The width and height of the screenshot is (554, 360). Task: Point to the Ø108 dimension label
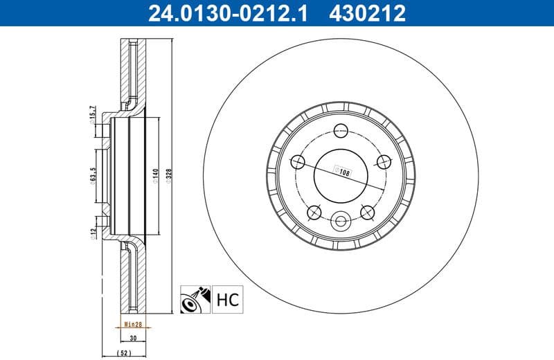pos(342,168)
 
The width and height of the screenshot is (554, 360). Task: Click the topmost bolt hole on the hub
pos(341,129)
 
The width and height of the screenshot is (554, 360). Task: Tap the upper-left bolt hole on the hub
pos(299,161)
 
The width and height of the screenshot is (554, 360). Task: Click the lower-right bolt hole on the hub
pos(367,210)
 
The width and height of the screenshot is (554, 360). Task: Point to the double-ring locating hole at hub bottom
pos(341,222)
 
